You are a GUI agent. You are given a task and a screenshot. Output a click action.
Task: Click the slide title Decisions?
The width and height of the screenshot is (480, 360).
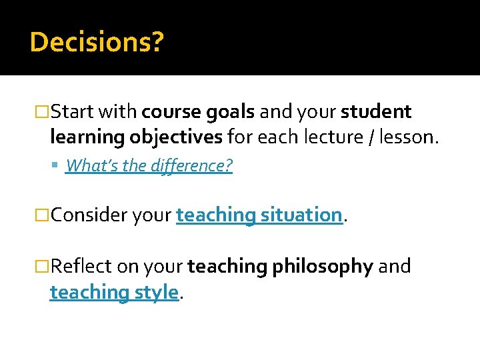tap(97, 43)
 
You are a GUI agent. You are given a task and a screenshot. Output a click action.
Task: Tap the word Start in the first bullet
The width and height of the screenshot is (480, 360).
tap(73, 111)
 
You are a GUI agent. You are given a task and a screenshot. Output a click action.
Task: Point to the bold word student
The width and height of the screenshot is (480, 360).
tap(376, 111)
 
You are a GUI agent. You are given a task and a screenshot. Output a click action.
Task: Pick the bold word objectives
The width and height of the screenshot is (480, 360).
tap(176, 137)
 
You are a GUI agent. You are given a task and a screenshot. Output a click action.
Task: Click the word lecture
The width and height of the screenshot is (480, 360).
tap(327, 137)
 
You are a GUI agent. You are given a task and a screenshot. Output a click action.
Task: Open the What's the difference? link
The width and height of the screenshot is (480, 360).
tap(149, 165)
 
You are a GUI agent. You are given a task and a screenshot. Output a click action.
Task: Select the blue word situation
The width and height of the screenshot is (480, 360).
tap(301, 215)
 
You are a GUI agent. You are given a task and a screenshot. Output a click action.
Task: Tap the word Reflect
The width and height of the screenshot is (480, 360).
tap(81, 266)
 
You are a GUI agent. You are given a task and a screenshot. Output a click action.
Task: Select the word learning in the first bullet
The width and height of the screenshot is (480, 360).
tap(87, 137)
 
